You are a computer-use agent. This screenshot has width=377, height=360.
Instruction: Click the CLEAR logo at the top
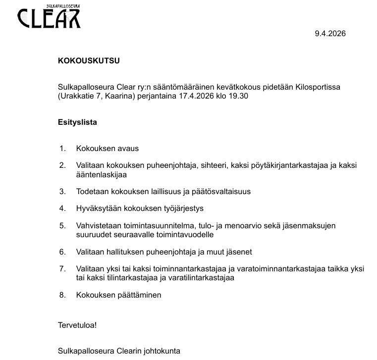click(49, 17)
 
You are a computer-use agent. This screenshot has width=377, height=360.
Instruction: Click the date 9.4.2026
click(330, 34)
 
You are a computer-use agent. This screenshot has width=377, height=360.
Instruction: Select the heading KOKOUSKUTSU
click(89, 61)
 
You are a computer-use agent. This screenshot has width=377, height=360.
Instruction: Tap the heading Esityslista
click(77, 122)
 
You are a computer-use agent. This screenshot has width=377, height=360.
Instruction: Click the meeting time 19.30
click(239, 96)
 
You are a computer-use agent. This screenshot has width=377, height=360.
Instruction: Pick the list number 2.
click(62, 165)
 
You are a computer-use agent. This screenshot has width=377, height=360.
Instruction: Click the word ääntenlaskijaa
click(102, 174)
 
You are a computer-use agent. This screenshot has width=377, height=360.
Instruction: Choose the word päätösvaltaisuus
click(219, 192)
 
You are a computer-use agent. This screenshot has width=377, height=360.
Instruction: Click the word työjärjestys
click(179, 208)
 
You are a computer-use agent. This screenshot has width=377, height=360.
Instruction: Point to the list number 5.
click(62, 226)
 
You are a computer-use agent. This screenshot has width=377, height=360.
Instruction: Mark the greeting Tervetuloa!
click(77, 325)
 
